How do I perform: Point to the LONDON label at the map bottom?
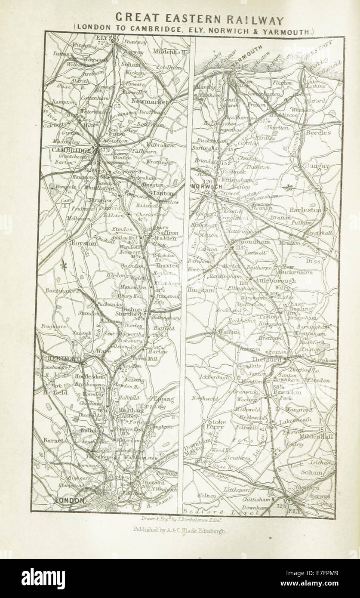tap(68, 500)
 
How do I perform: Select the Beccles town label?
tap(317, 133)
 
